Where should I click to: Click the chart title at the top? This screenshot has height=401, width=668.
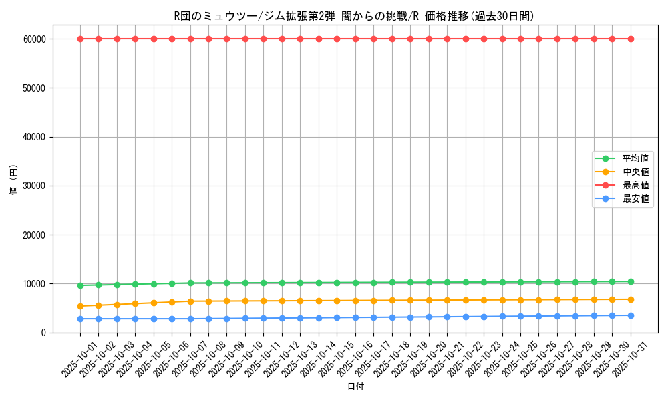[x=353, y=17]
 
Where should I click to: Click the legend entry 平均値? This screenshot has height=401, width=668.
[x=635, y=158]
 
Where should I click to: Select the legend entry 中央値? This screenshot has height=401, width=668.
[x=635, y=172]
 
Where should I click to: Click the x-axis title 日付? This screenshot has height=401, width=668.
[x=355, y=386]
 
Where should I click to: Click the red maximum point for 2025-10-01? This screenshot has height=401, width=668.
[x=80, y=39]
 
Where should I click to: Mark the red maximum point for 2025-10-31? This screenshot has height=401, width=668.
[x=631, y=39]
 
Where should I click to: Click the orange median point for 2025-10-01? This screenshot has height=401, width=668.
[x=80, y=306]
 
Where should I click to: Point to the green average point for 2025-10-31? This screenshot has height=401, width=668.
[x=631, y=281]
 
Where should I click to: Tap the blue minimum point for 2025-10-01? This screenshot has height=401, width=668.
[x=80, y=319]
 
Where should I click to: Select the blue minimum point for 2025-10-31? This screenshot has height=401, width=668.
[x=631, y=315]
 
